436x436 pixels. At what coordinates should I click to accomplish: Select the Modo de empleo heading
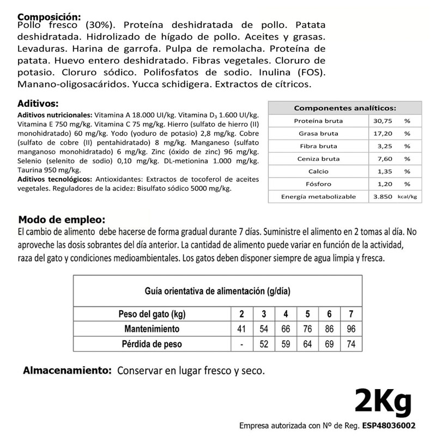pos(60,220)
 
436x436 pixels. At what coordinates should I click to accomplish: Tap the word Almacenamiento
pos(67,371)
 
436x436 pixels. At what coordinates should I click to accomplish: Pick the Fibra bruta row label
pos(318,146)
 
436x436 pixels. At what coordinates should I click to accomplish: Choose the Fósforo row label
pos(318,184)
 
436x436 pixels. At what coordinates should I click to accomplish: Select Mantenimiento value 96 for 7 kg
pos(350,329)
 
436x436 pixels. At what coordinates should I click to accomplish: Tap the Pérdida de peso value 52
pos(264,344)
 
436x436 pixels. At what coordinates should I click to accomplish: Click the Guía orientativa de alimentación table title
pos(217,292)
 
